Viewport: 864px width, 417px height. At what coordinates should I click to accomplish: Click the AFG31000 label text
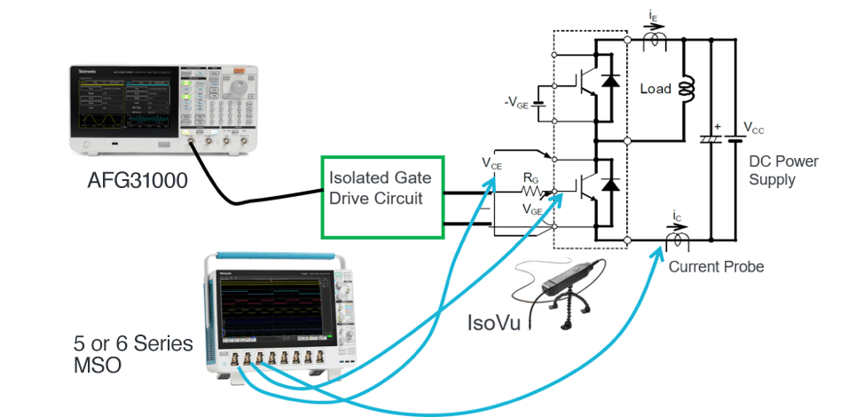pyautogui.click(x=138, y=181)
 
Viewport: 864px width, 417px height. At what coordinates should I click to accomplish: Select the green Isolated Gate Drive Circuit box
pyautogui.click(x=381, y=197)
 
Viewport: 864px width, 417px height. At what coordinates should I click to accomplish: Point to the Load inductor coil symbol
pyautogui.click(x=685, y=89)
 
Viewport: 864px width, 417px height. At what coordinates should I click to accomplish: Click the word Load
pyautogui.click(x=656, y=89)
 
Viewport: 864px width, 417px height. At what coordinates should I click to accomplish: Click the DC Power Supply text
pyautogui.click(x=783, y=169)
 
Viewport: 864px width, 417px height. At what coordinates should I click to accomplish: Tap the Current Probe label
pyautogui.click(x=715, y=266)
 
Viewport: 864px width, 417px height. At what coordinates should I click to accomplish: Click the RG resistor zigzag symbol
pyautogui.click(x=532, y=190)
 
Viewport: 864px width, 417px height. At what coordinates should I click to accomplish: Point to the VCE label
pyautogui.click(x=492, y=162)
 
